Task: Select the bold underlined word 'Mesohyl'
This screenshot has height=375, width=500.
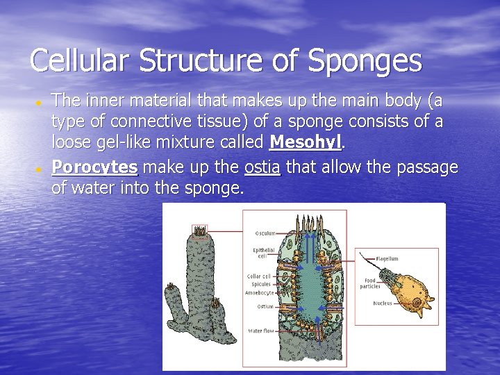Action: [306, 142]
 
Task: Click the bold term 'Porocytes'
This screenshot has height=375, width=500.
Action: [94, 167]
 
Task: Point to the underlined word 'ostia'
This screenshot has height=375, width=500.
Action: [262, 167]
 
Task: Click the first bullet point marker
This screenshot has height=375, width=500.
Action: [40, 102]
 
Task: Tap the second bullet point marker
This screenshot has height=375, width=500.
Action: [40, 169]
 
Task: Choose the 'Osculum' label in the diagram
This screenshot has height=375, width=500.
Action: [265, 233]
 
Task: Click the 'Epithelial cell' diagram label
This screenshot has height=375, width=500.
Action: [264, 252]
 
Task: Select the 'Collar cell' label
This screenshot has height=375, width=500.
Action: [259, 276]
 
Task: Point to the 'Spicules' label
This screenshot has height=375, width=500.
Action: [261, 284]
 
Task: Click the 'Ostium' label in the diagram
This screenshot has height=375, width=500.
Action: [265, 306]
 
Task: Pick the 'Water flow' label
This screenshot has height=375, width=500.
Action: [261, 331]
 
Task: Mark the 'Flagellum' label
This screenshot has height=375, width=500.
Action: [387, 258]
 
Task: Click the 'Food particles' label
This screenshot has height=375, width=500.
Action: [370, 283]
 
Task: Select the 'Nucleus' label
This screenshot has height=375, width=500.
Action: [383, 303]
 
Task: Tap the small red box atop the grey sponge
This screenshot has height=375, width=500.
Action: [200, 229]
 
